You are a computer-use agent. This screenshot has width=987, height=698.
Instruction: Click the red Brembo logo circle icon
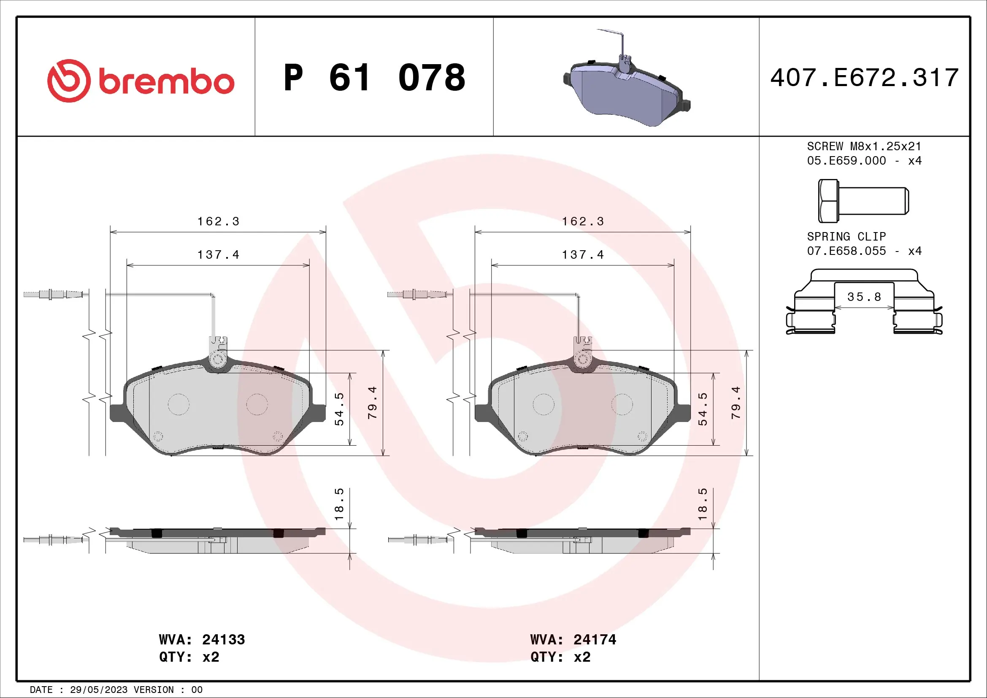tap(69, 81)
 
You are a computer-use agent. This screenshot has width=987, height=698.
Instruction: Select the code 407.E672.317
tap(864, 78)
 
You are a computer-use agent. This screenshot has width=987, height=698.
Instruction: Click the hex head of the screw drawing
tap(828, 201)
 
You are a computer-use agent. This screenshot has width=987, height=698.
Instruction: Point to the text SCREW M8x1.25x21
tap(864, 146)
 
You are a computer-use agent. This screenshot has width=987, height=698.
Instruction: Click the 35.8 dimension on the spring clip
tap(864, 297)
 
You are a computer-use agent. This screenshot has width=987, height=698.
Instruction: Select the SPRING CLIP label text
tap(846, 237)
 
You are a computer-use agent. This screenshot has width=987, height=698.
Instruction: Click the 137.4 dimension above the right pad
tap(582, 255)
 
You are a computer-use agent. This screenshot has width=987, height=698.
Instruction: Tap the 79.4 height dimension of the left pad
tap(372, 403)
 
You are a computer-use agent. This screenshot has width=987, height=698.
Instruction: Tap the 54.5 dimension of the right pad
tap(702, 409)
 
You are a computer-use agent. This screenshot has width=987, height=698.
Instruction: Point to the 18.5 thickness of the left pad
tap(339, 504)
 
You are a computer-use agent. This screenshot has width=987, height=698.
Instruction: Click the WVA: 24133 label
tap(202, 639)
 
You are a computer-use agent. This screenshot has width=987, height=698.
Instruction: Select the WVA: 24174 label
tap(573, 639)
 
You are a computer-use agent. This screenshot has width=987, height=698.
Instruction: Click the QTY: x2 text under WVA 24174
tap(560, 657)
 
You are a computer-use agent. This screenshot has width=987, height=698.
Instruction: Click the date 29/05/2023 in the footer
tap(98, 690)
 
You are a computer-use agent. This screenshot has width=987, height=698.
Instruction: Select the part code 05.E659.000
tap(846, 161)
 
